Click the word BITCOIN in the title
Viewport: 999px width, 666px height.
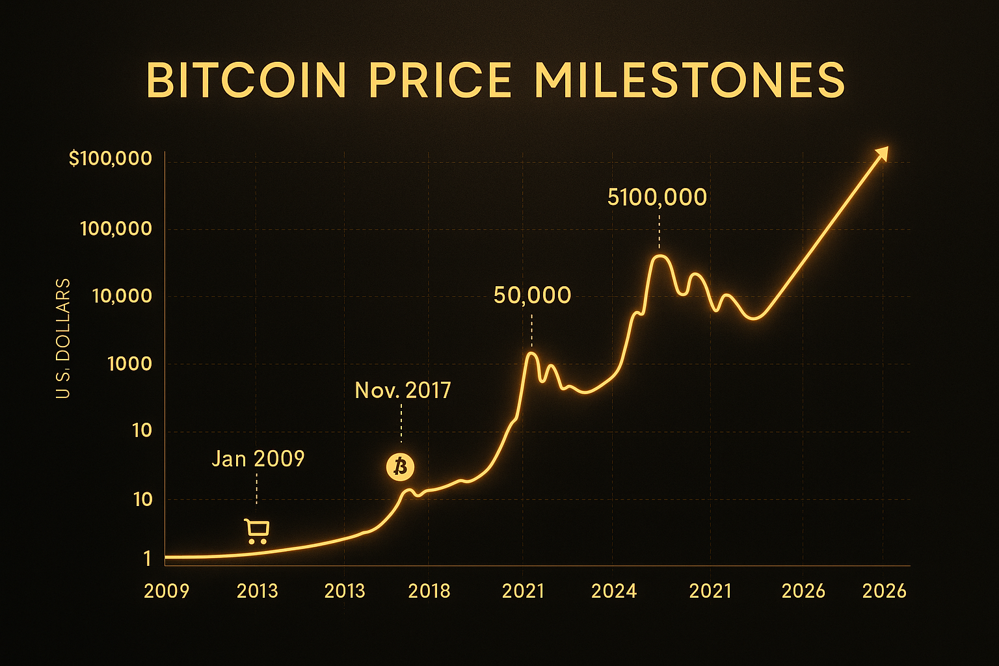(x=246, y=81)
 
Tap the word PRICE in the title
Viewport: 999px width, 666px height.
(x=440, y=81)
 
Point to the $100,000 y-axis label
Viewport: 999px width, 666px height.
(x=111, y=159)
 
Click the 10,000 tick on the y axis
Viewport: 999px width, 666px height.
(x=122, y=297)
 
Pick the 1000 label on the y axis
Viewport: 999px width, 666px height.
(x=129, y=364)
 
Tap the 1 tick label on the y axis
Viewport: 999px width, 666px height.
(x=148, y=559)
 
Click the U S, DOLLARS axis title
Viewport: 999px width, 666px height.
(x=63, y=338)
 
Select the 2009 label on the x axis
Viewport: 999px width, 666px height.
(x=166, y=591)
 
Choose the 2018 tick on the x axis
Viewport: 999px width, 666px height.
(x=429, y=591)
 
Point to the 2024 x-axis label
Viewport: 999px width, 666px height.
(x=613, y=591)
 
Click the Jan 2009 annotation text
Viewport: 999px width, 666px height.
(x=258, y=459)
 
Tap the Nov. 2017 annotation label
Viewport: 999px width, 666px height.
(x=403, y=390)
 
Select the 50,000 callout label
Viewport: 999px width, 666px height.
(x=532, y=296)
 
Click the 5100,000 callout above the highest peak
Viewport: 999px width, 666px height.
(x=657, y=198)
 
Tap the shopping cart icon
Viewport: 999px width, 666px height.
(x=256, y=531)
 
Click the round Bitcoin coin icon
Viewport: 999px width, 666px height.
(x=400, y=467)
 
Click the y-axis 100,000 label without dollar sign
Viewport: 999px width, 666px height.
(x=116, y=229)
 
